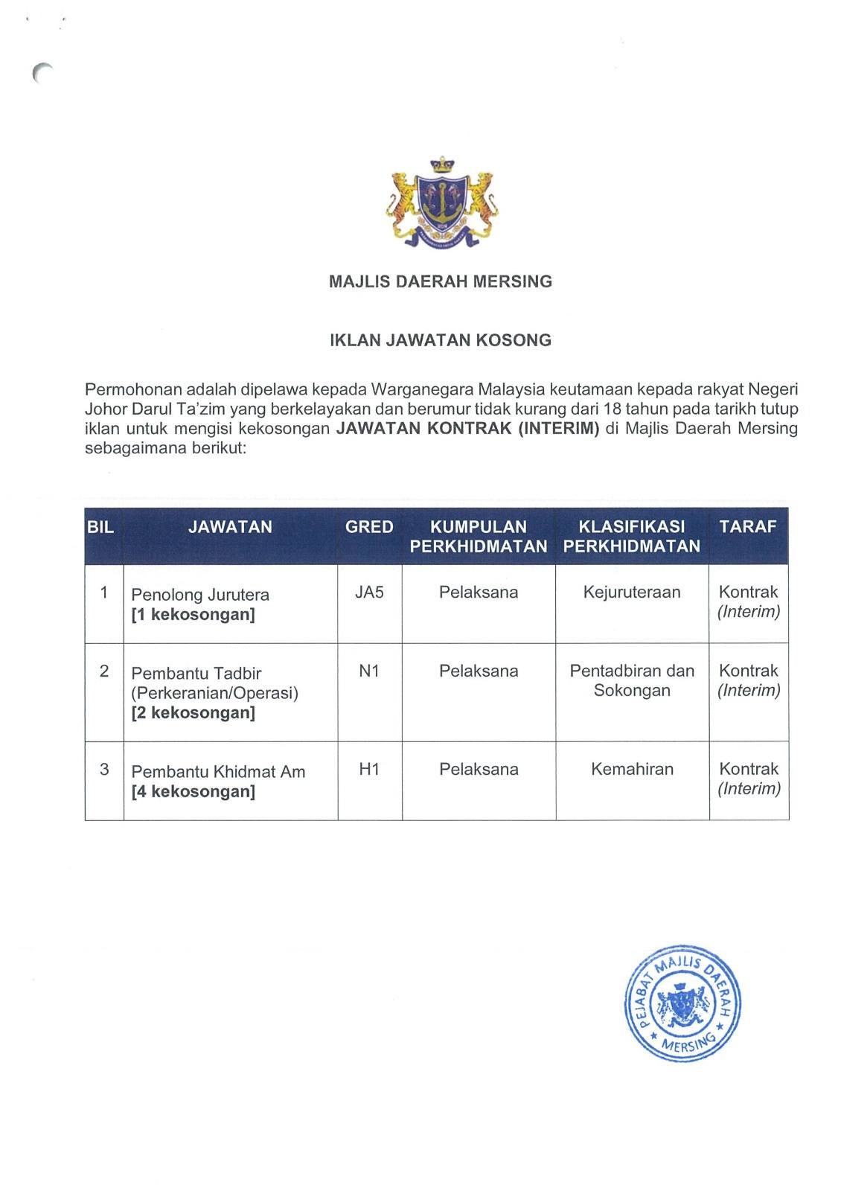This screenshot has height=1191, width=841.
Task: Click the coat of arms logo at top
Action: [441, 202]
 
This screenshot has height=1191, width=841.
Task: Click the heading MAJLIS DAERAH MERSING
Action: [441, 281]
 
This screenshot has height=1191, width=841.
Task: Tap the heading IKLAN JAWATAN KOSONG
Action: [441, 340]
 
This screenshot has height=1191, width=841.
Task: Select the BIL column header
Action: [100, 527]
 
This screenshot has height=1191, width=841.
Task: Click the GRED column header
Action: [369, 527]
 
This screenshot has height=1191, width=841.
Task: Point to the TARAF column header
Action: [748, 527]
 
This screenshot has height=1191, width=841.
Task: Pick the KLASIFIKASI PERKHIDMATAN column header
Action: [632, 536]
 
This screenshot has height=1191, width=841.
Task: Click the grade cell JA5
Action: [369, 593]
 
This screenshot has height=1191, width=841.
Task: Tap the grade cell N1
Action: [369, 671]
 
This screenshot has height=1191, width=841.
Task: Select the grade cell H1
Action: [369, 770]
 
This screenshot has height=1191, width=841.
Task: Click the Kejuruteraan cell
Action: [632, 593]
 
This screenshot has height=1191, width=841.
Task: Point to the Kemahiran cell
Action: [632, 770]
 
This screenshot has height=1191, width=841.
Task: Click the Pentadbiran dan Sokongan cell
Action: [632, 680]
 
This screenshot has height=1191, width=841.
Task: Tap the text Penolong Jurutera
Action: [200, 595]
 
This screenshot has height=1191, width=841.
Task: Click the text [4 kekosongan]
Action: [193, 791]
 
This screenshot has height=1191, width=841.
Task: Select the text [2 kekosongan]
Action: [193, 712]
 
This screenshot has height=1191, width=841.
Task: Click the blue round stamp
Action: [682, 1003]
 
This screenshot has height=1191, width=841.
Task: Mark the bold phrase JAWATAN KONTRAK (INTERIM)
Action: [467, 428]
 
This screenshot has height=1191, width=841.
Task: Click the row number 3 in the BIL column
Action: [104, 770]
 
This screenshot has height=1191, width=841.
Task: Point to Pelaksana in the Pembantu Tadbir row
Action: [479, 671]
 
